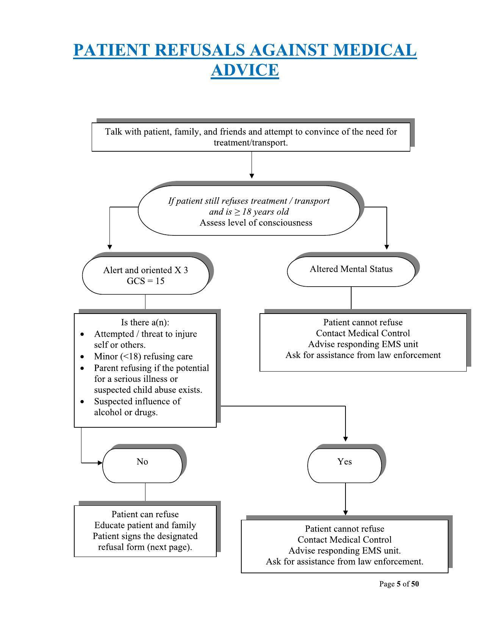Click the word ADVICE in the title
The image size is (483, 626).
tap(245, 70)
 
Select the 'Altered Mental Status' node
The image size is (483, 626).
tap(351, 269)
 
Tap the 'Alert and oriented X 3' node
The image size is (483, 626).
tap(145, 270)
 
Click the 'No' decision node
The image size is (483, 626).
tap(142, 462)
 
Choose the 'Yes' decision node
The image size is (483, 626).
tap(344, 462)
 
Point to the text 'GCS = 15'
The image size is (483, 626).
tap(145, 281)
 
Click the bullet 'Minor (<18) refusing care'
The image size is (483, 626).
tap(143, 356)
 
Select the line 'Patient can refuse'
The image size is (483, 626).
tap(145, 515)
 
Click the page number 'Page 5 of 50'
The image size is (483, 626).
tap(399, 584)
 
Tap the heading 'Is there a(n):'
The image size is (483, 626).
tap(145, 323)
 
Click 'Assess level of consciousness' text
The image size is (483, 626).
tap(256, 223)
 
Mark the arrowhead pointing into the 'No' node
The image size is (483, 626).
tap(100, 463)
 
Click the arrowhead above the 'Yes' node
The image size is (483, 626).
tap(345, 439)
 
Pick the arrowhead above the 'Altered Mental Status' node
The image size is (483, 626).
tap(387, 247)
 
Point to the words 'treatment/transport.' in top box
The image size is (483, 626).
tap(251, 143)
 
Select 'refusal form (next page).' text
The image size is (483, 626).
tap(145, 547)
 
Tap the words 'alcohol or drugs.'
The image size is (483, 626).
tap(126, 413)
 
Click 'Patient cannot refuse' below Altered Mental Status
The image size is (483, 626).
tap(363, 323)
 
